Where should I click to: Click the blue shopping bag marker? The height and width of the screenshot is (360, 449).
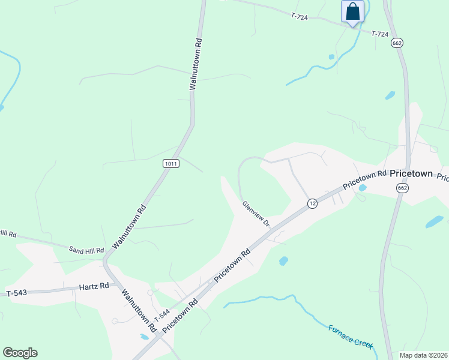pos(352,12)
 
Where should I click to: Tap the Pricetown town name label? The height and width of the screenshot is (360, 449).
pos(411,173)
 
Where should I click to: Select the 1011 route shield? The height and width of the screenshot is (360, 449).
pos(170,163)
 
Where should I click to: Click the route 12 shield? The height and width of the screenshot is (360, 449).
pos(312,204)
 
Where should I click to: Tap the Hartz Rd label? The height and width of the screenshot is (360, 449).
pos(94,286)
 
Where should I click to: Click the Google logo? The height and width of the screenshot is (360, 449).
pos(20,353)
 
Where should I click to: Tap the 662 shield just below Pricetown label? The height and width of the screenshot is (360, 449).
pos(402,188)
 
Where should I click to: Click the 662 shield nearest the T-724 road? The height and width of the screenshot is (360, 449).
pos(396,43)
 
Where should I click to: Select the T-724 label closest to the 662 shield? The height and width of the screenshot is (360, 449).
pos(380,34)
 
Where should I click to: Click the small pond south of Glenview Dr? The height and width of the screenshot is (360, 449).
pos(283,261)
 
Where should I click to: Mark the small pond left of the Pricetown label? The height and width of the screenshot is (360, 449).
pos(362,188)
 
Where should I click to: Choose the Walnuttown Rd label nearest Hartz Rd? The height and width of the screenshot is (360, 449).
pos(139,311)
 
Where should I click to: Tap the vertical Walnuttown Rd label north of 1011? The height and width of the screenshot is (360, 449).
pos(194,64)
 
